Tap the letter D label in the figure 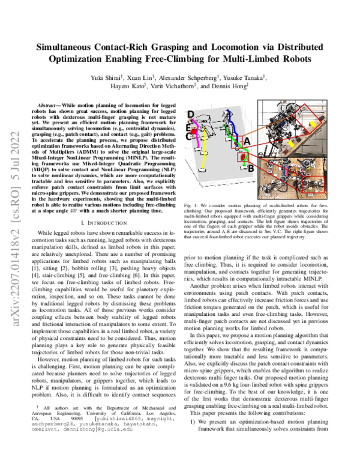tap(191, 115)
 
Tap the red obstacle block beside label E tap(196, 129)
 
